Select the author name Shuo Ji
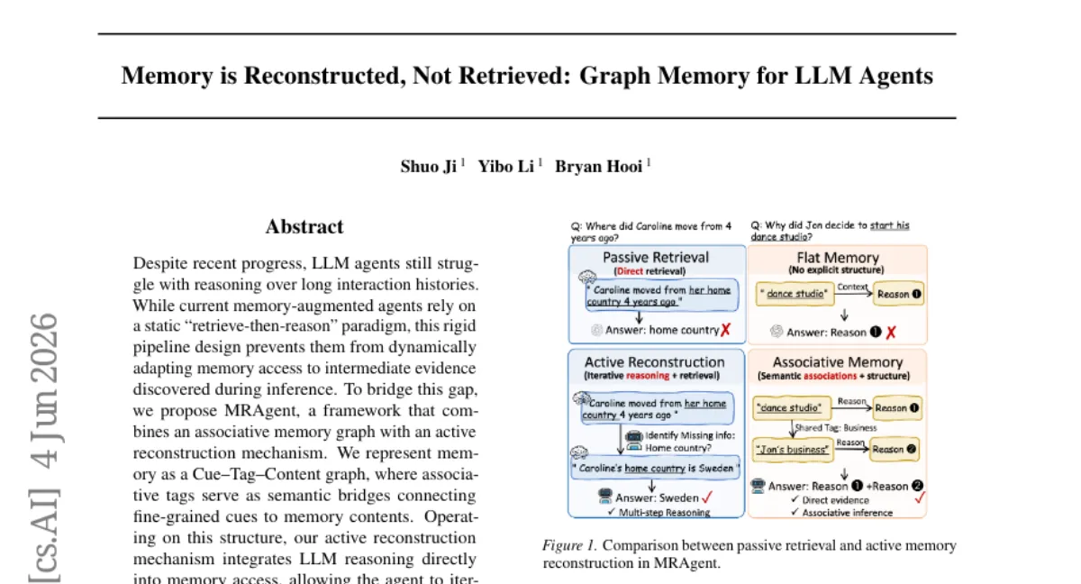428,167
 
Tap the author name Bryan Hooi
598,167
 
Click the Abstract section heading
304,227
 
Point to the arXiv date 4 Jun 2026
44,391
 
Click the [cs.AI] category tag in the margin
44,535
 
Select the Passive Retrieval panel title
656,258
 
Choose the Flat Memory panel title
837,258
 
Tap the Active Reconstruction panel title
654,362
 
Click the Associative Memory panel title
837,362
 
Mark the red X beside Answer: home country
725,330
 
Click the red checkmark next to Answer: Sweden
707,497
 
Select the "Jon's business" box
793,450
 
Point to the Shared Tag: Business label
835,427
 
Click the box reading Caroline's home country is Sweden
656,468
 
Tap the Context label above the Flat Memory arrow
852,287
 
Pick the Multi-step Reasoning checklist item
659,512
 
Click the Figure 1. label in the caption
569,546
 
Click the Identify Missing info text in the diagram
690,436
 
